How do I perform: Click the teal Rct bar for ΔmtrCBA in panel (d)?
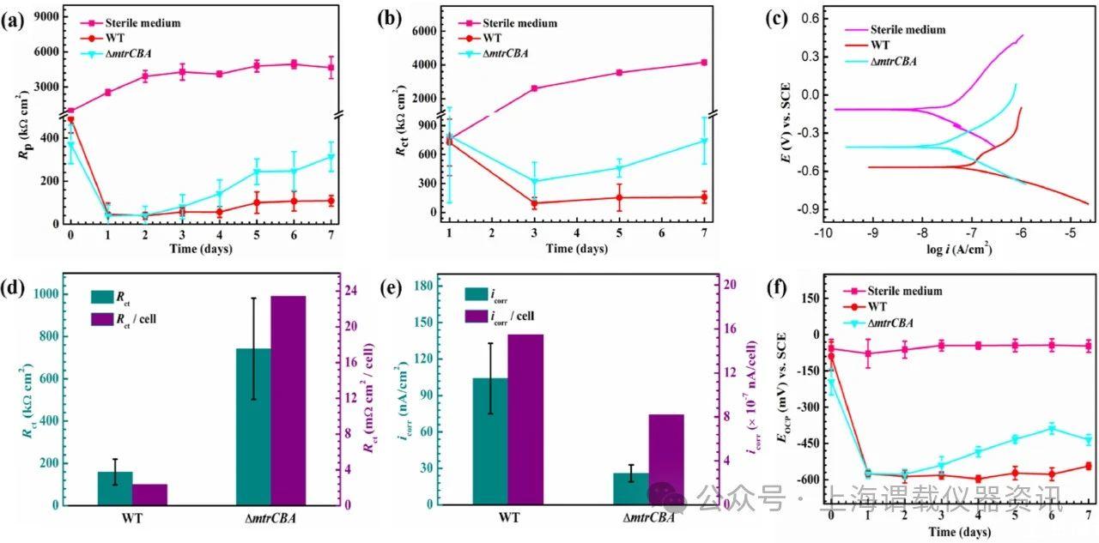(252, 426)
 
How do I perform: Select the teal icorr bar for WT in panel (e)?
(490, 441)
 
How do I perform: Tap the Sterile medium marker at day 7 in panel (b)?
(704, 62)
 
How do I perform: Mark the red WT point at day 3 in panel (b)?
(535, 203)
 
